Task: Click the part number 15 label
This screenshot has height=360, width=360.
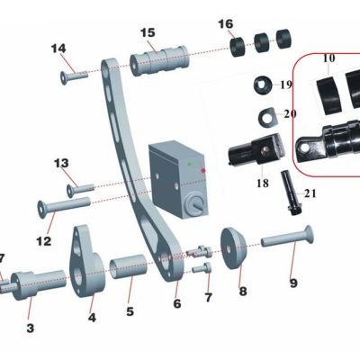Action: click(148, 32)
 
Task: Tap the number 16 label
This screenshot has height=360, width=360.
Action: click(226, 23)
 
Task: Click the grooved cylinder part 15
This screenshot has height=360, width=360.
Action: click(159, 60)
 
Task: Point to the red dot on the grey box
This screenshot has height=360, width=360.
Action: click(203, 170)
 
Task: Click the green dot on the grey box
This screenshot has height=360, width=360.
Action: click(189, 164)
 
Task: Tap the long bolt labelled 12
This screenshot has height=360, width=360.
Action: click(64, 205)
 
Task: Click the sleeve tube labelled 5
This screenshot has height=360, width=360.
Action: click(129, 266)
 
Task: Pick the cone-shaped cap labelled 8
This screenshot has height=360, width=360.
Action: click(233, 248)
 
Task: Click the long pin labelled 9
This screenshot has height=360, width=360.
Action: click(287, 238)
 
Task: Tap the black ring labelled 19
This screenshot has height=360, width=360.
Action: click(263, 85)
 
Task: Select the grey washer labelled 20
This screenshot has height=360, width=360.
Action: click(267, 117)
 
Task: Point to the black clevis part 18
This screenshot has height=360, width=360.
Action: click(256, 150)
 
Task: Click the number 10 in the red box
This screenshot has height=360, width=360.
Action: click(328, 58)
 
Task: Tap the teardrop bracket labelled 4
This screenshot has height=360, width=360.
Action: click(86, 261)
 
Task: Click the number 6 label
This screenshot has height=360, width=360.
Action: click(177, 303)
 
